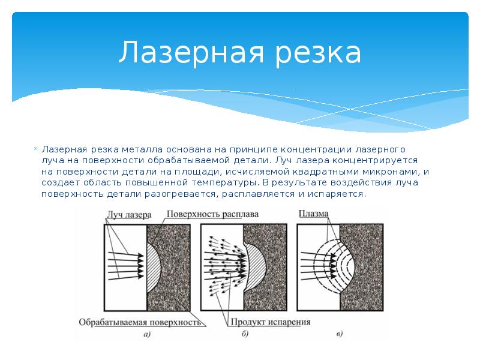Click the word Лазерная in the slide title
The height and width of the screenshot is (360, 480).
coord(191,52)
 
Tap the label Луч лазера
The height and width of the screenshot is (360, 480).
coord(129,215)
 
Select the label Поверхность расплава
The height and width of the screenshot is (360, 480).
coord(212,214)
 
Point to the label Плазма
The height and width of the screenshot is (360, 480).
coord(313,214)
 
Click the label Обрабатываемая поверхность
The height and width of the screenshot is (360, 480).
coord(140,322)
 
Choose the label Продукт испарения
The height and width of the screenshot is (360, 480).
coord(271,322)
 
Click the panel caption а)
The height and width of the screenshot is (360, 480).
coord(147,334)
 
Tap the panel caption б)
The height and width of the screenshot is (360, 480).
coord(245,334)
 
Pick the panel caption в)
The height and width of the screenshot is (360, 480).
coord(339,334)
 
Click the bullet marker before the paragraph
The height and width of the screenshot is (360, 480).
coord(35,149)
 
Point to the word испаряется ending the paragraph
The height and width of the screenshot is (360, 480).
coord(337,194)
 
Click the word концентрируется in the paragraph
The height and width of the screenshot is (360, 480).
coord(375,161)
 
